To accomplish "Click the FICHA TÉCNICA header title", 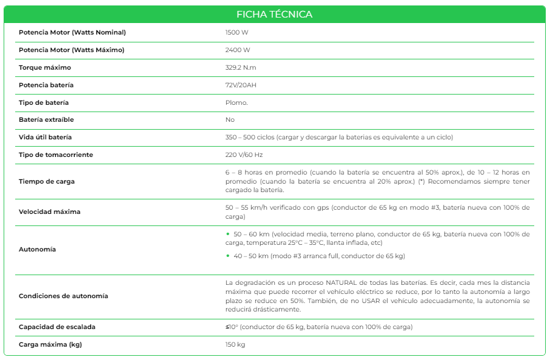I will (x=275, y=14).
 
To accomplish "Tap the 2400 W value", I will (x=237, y=50).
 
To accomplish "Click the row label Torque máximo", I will (x=45, y=67).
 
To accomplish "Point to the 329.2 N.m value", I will (x=241, y=67).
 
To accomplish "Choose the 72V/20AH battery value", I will (x=241, y=85).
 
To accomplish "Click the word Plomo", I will (x=236, y=102).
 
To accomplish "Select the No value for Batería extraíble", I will (x=230, y=120).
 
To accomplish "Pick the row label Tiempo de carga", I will (x=47, y=181).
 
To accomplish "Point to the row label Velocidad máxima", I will (x=50, y=212).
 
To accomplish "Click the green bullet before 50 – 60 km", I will (x=227, y=234).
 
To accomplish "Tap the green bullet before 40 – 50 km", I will (x=227, y=256).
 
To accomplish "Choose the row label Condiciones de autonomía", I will (x=64, y=296).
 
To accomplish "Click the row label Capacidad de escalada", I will (x=57, y=327).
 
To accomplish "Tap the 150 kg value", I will (x=235, y=345).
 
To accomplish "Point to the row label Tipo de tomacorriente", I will (x=56, y=155).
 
